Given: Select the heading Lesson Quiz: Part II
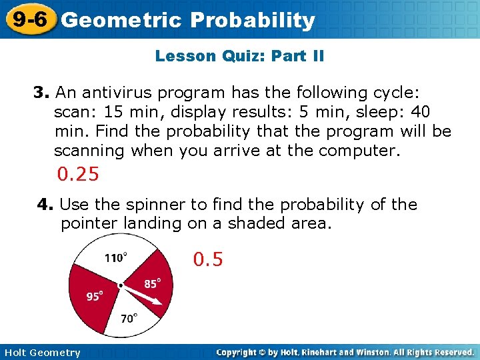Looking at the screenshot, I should pos(239,56).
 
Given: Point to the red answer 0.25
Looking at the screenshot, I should pos(78,175).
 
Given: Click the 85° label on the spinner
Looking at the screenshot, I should pos(152,284).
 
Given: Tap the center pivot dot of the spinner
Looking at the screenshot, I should pos(121,285).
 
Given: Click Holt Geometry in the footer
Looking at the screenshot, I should pos(41,353).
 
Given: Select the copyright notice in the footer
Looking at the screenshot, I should pos(345,352).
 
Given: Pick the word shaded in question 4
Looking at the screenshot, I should pos(256,223).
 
